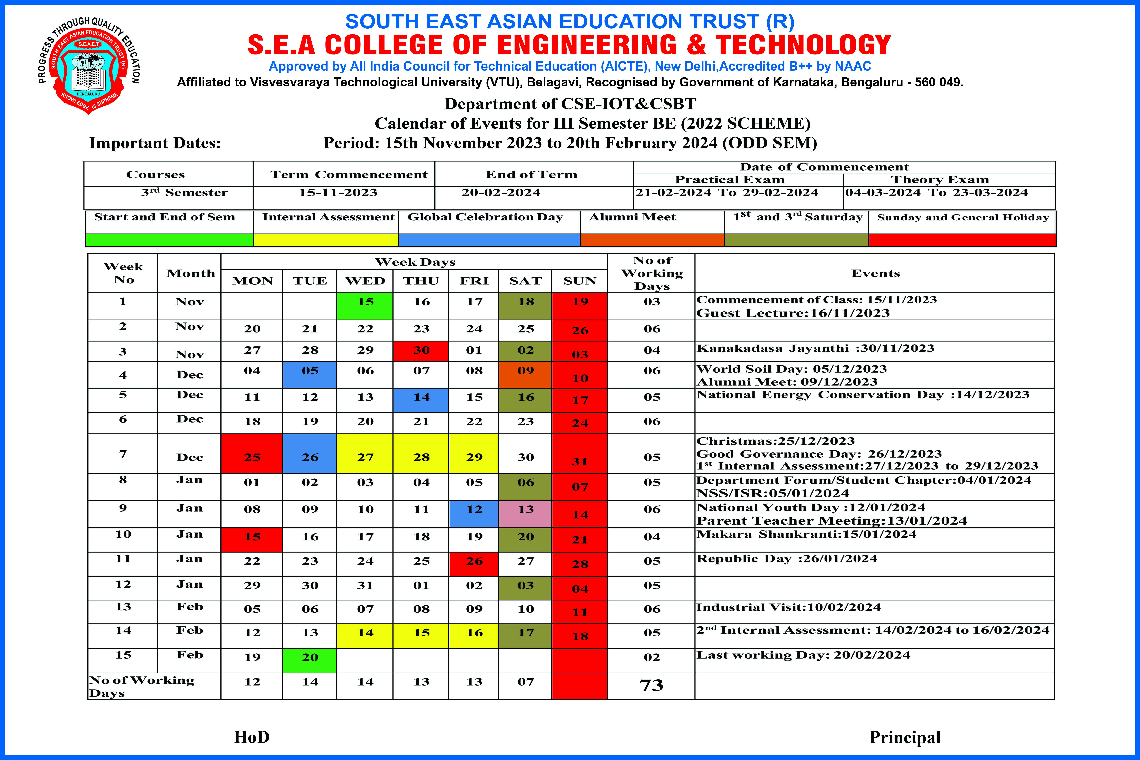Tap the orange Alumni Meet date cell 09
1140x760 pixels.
[525, 374]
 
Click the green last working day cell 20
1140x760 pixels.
[310, 660]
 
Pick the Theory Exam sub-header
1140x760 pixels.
[939, 180]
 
